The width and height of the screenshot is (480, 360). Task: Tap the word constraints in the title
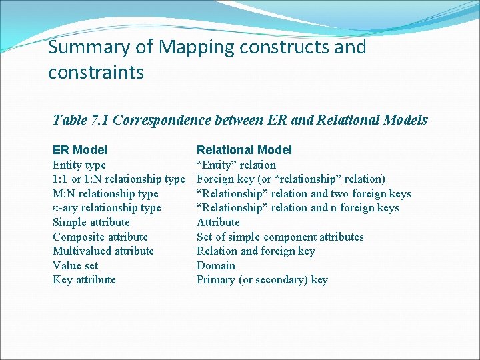pyautogui.click(x=96, y=72)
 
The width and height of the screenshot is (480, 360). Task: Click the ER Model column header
pyautogui.click(x=80, y=150)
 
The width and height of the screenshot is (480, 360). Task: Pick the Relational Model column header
pyautogui.click(x=244, y=150)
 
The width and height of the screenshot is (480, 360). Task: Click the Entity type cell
pyautogui.click(x=79, y=165)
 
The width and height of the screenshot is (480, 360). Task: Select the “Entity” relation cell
pyautogui.click(x=236, y=165)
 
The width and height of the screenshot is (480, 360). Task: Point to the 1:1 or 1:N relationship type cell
pyautogui.click(x=119, y=179)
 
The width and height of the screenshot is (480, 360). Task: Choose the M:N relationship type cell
pyautogui.click(x=105, y=193)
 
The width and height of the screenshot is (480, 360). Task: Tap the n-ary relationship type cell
pyautogui.click(x=107, y=208)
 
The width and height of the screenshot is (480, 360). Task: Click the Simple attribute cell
pyautogui.click(x=91, y=222)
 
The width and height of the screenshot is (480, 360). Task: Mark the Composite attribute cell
pyautogui.click(x=100, y=237)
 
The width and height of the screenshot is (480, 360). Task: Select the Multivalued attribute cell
pyautogui.click(x=103, y=251)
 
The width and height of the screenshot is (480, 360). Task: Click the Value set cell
pyautogui.click(x=75, y=265)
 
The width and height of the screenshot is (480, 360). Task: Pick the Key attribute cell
pyautogui.click(x=84, y=279)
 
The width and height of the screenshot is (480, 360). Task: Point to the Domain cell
pyautogui.click(x=216, y=265)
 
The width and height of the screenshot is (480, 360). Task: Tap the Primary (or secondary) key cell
pyautogui.click(x=262, y=279)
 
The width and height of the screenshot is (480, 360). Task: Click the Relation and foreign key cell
pyautogui.click(x=256, y=251)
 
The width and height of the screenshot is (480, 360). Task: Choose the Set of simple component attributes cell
pyautogui.click(x=280, y=237)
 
